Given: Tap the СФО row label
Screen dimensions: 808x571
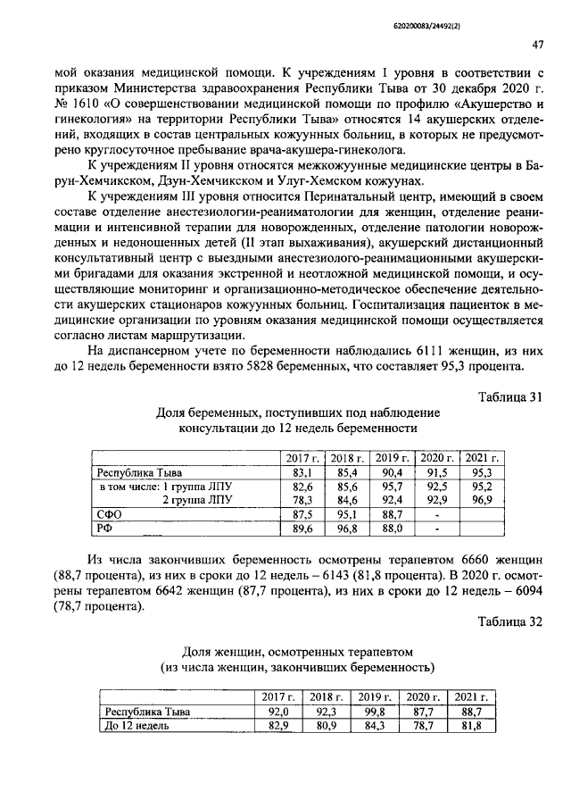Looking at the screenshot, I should [108, 514].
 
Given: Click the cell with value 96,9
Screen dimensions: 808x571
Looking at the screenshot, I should [482, 500].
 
